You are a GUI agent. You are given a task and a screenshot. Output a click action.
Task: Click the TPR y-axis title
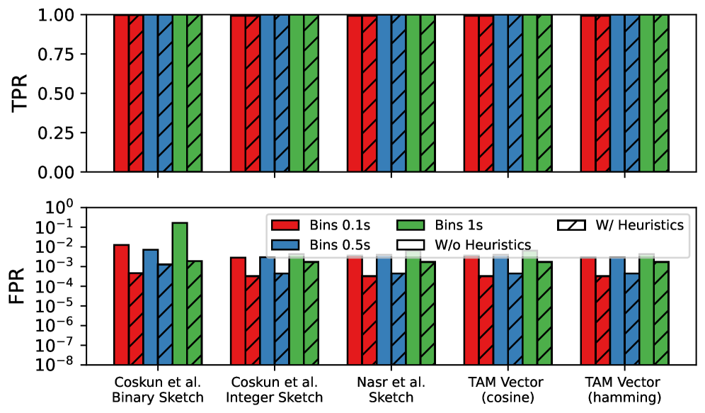tap(21, 93)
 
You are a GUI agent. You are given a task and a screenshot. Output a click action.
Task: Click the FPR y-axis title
tap(21, 285)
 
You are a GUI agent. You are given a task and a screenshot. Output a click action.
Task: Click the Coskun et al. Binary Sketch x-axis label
tap(157, 390)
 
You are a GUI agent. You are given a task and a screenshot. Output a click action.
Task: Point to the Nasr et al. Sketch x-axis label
tap(391, 390)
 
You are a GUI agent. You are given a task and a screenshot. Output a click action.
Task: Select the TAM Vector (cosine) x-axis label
tap(508, 390)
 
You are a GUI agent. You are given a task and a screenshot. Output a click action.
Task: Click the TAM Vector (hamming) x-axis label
tap(625, 390)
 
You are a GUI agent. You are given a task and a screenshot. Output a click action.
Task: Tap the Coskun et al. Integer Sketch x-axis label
tap(275, 390)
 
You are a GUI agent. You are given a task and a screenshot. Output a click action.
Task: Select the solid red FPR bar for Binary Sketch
tap(121, 305)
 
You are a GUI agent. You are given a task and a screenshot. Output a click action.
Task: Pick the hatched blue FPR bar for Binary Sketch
tap(165, 315)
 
